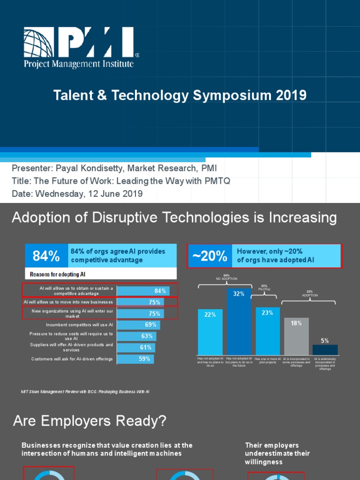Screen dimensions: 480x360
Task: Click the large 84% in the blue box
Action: tap(46, 256)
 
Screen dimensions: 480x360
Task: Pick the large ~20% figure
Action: tap(210, 256)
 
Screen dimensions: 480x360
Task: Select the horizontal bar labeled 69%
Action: tap(138, 325)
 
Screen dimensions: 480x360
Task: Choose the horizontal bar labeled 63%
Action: tap(136, 336)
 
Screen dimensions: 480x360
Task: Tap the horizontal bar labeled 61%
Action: tap(135, 347)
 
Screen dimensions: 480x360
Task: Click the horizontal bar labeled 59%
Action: tap(135, 359)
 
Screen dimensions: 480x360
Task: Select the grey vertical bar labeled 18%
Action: tap(296, 337)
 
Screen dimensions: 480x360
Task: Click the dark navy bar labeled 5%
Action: tap(325, 350)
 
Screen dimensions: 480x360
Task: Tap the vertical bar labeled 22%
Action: tap(210, 332)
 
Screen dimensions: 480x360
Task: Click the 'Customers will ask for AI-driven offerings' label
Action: tap(72, 359)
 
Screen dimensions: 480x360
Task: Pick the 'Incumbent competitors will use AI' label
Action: tap(79, 325)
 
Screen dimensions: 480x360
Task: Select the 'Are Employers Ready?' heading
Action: tap(90, 421)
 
